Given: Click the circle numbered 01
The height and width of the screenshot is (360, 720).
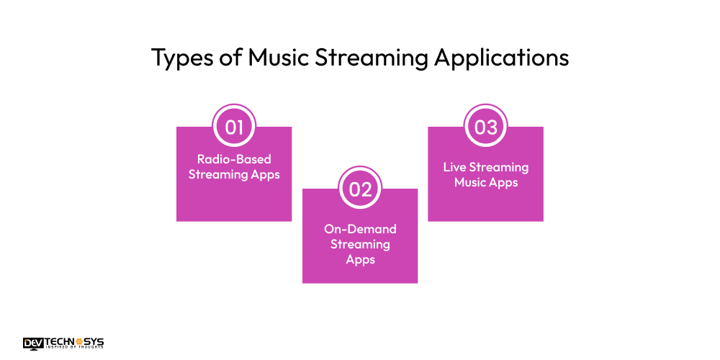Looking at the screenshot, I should tap(234, 127).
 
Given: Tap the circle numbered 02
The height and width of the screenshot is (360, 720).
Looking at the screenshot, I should tap(360, 189).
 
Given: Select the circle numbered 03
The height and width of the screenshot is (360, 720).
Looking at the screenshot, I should tap(486, 127).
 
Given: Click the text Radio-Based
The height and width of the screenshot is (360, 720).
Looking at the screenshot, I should tap(234, 159).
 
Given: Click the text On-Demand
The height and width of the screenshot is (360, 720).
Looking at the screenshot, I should tap(360, 229).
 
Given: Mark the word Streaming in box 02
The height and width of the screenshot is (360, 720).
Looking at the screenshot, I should tap(360, 244).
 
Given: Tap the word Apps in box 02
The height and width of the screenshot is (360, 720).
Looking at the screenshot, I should tap(360, 260).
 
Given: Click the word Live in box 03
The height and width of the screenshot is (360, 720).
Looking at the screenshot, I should tap(455, 167).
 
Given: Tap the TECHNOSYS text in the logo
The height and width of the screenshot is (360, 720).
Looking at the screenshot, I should tap(75, 341).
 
